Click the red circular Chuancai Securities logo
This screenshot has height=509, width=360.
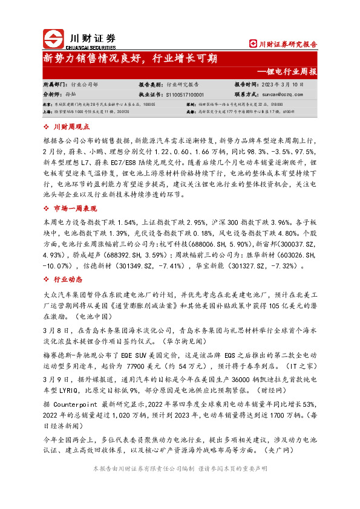click(x=53, y=38)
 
